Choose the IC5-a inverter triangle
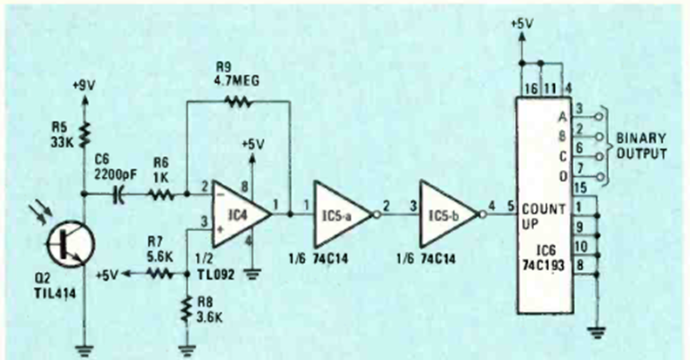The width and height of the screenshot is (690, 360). coord(340,214)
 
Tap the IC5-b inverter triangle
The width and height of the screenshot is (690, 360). coord(446,214)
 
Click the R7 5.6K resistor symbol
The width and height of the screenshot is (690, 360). coord(159,274)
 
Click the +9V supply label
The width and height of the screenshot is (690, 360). coord(85,86)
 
